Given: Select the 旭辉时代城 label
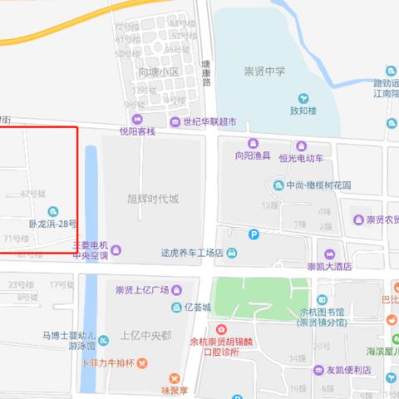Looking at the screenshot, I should [152, 199].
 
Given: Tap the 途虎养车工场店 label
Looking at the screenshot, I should [194, 253].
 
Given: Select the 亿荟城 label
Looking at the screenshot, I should [198, 308].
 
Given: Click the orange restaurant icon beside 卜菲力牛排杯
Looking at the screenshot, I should [142, 363].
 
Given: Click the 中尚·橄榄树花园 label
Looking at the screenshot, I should [318, 185].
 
